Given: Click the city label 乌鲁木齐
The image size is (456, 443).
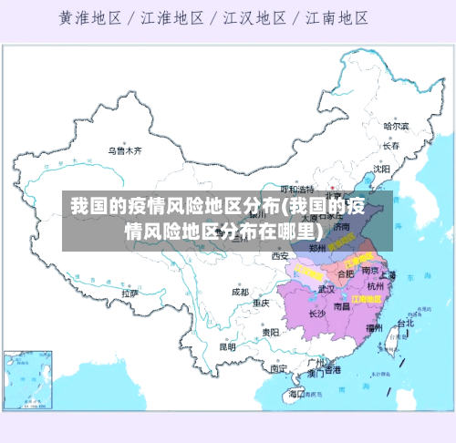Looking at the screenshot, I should (x=125, y=150).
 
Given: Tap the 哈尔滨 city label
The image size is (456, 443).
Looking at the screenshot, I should (x=396, y=126).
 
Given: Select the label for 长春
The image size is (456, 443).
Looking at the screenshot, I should (x=391, y=146).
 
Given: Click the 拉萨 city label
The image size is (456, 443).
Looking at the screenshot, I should (x=130, y=294).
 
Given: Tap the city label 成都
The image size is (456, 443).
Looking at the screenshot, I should (x=240, y=293).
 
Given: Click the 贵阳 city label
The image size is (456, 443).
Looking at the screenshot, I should (x=270, y=333).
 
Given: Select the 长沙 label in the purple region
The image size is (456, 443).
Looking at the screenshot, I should (x=316, y=314).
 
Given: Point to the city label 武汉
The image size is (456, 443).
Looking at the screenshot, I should (x=326, y=289).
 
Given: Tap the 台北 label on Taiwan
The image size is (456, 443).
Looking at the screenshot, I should (x=404, y=322).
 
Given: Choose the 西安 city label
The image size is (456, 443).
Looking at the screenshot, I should (x=279, y=256).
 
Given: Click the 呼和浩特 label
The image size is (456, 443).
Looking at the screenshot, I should (x=296, y=189).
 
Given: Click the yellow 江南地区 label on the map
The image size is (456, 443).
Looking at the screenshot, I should (x=367, y=298).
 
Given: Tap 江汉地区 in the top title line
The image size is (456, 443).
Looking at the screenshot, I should (x=252, y=17).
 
